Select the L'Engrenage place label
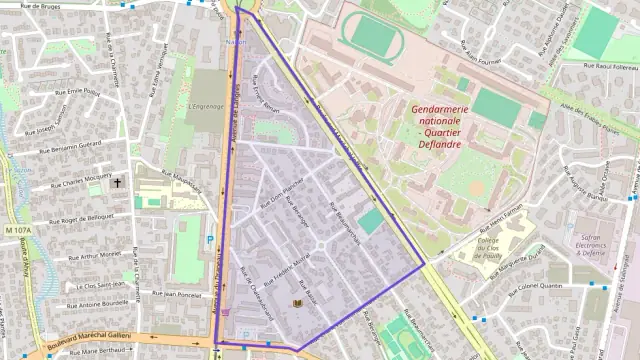205,103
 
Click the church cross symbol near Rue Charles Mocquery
118,183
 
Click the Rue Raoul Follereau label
598,70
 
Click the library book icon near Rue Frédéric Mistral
297,302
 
